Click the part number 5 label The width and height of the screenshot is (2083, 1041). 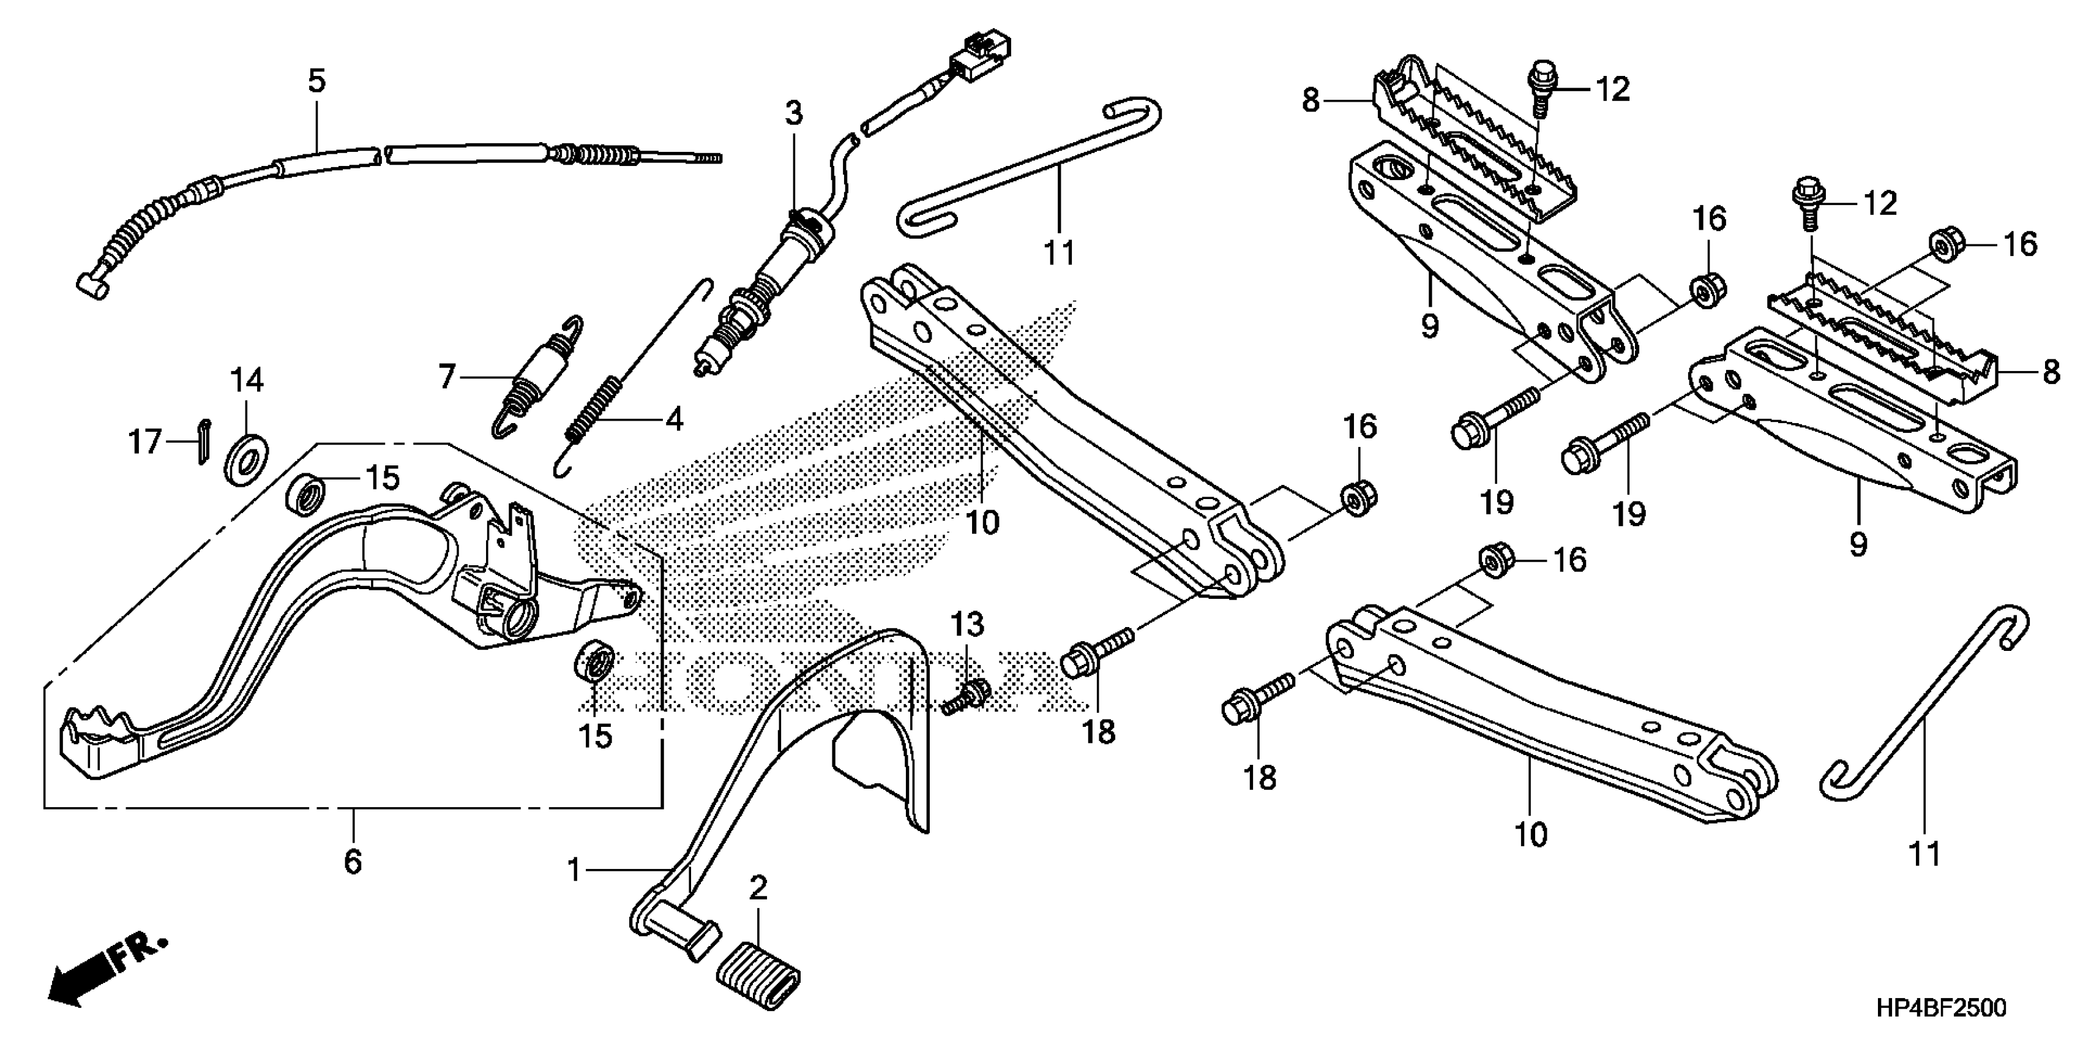pos(316,81)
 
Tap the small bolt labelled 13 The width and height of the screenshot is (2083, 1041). pos(967,695)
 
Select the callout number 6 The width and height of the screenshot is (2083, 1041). pos(353,862)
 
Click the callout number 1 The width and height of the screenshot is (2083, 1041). pos(574,870)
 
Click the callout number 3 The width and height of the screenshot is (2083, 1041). pos(794,114)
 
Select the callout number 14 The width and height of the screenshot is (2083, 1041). pos(247,380)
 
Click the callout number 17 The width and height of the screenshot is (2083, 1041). pos(146,443)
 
